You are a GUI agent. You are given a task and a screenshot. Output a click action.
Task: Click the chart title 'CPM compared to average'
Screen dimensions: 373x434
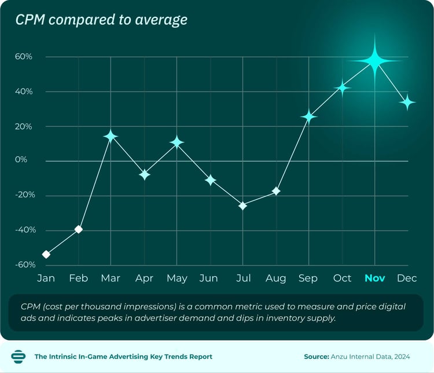click(101, 20)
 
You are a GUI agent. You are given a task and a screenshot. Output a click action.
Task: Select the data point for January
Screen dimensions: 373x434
click(46, 254)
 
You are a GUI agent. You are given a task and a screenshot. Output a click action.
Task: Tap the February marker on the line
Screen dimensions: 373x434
click(79, 229)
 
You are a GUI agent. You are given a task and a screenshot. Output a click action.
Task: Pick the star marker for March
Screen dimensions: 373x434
click(111, 136)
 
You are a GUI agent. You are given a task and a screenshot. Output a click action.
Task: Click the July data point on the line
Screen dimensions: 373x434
click(243, 206)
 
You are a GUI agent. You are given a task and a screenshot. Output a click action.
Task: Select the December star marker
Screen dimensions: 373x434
click(407, 103)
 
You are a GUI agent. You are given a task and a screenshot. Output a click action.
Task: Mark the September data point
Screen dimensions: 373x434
click(309, 117)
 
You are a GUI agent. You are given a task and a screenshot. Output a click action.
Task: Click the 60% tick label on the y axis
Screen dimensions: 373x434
click(24, 57)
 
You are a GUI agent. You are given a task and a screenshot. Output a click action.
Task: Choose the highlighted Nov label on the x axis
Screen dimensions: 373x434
click(374, 279)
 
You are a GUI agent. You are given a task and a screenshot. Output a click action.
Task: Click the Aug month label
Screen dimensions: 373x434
click(275, 279)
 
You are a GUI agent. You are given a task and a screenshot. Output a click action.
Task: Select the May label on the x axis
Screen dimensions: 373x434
click(176, 279)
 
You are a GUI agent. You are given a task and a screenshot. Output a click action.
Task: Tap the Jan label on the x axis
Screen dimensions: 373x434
click(46, 279)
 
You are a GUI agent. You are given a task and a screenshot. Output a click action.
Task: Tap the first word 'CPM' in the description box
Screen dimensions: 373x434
click(30, 306)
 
